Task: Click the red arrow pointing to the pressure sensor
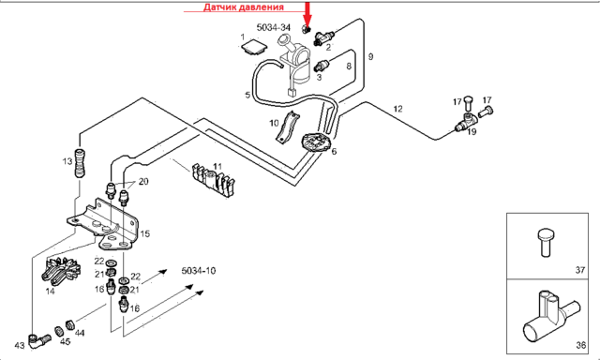pos(307,14)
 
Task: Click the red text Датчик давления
pos(244,7)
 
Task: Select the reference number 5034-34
pos(273,27)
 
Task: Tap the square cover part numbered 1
pos(254,47)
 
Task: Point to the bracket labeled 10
pos(287,127)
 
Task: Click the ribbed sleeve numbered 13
pos(80,162)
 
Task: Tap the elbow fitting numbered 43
pos(38,339)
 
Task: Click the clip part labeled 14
pos(61,271)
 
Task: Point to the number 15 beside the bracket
pos(144,233)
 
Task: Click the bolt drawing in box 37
pos(545,242)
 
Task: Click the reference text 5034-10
pos(198,271)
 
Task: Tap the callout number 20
pos(143,181)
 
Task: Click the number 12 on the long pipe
pos(397,109)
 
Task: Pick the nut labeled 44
pos(69,324)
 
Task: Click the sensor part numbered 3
pos(322,66)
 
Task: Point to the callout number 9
pos(370,57)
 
